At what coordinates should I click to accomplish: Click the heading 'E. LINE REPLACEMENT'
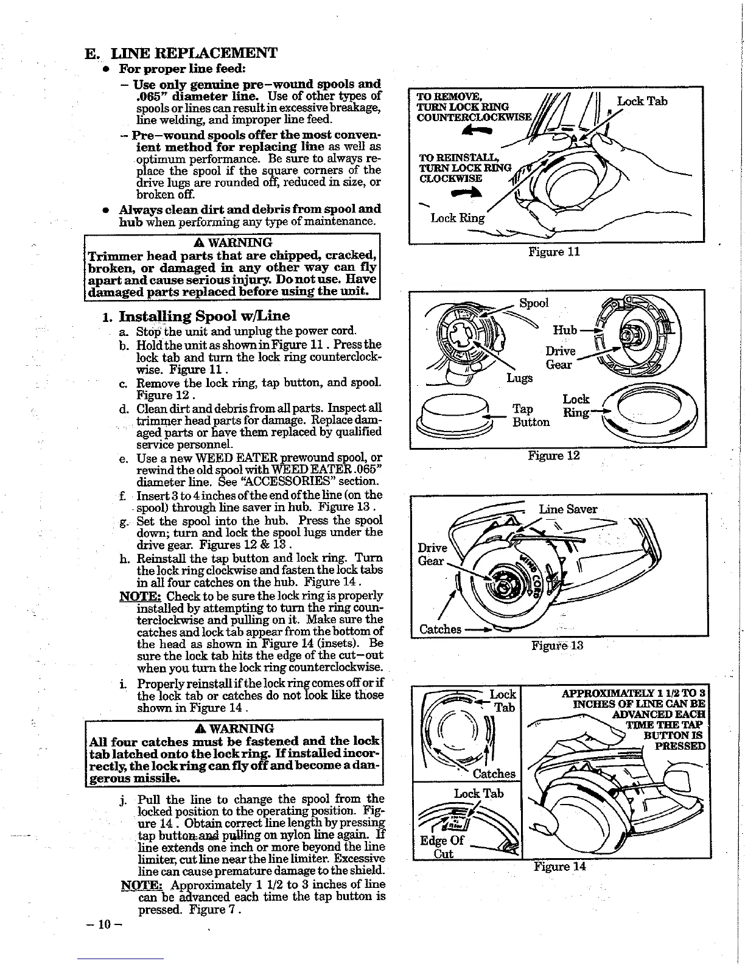(x=181, y=52)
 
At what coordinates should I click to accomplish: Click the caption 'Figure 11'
(x=554, y=252)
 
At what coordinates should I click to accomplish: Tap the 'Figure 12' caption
(x=554, y=456)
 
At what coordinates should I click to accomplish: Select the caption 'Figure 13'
(x=558, y=645)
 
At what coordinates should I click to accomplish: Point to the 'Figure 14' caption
(x=559, y=866)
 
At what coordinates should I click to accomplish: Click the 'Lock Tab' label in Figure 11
(x=642, y=101)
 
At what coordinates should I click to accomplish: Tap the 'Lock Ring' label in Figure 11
(x=457, y=218)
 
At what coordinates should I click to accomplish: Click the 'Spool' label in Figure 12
(x=534, y=303)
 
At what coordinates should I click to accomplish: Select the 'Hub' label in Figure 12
(x=564, y=330)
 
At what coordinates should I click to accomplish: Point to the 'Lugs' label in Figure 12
(x=519, y=378)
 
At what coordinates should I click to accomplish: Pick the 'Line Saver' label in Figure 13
(x=568, y=509)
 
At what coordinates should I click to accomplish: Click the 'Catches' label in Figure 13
(x=439, y=629)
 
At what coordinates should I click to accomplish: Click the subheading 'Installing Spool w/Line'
(x=204, y=316)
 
